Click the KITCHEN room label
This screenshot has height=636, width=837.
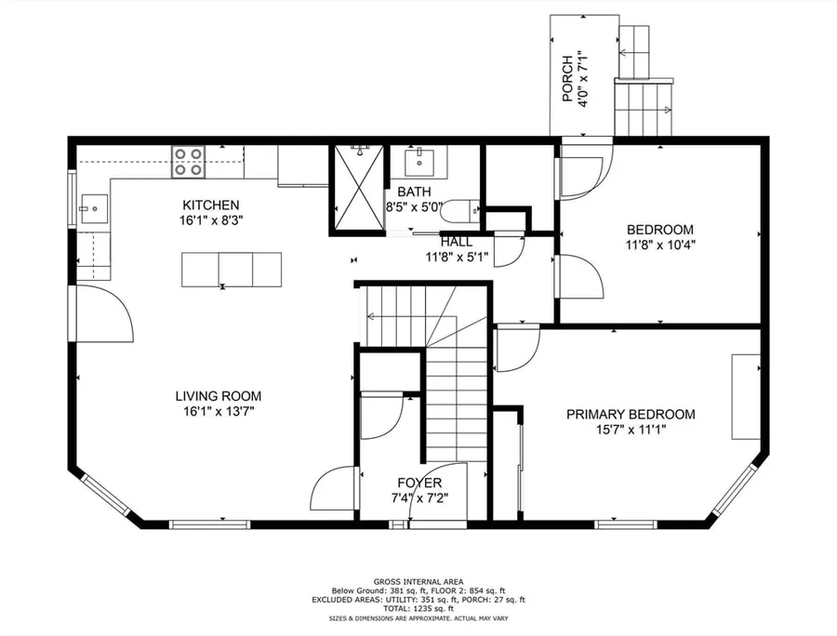point(211,205)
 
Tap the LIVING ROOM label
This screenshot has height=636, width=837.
point(219,396)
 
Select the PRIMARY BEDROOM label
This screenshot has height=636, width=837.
point(631,414)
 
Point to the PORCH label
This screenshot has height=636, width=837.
point(567,79)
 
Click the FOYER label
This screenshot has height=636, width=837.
point(419,483)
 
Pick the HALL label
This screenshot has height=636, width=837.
point(457,242)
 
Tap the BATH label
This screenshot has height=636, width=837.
point(414,191)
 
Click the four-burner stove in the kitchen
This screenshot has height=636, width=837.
point(189,162)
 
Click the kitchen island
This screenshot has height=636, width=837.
point(232,270)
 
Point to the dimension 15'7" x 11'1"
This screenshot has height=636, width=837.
point(631,430)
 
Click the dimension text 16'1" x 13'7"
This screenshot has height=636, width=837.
point(219,411)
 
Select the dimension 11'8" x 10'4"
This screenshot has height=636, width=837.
point(660,245)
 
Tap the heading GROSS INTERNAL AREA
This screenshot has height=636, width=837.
point(418,581)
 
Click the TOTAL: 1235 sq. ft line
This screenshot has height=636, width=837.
point(418,608)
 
